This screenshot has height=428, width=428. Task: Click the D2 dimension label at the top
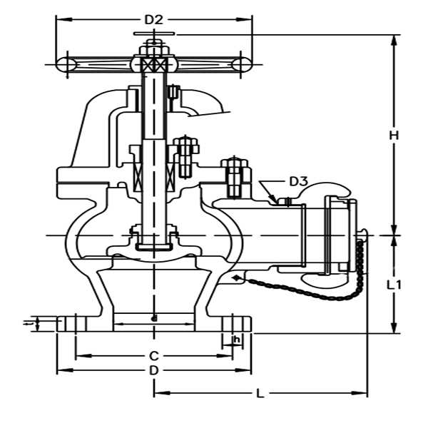pos(154,19)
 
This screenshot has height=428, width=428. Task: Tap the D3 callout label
pos(298,181)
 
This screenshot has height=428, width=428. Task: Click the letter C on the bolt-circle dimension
pos(153,355)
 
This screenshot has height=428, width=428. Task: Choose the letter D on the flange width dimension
pos(153,371)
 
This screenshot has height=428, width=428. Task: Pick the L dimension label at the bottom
pos(260,393)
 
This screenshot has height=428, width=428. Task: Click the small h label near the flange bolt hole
pos(236,340)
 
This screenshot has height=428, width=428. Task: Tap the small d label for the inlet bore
pos(153,317)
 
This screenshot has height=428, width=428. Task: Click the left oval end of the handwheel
pos(67,64)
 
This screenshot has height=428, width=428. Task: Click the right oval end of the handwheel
pos(240,64)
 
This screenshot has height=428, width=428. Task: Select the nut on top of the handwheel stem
pos(154,49)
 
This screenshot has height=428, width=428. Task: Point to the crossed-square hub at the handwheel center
pos(154,64)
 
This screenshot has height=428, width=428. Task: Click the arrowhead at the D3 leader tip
pos(274,201)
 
